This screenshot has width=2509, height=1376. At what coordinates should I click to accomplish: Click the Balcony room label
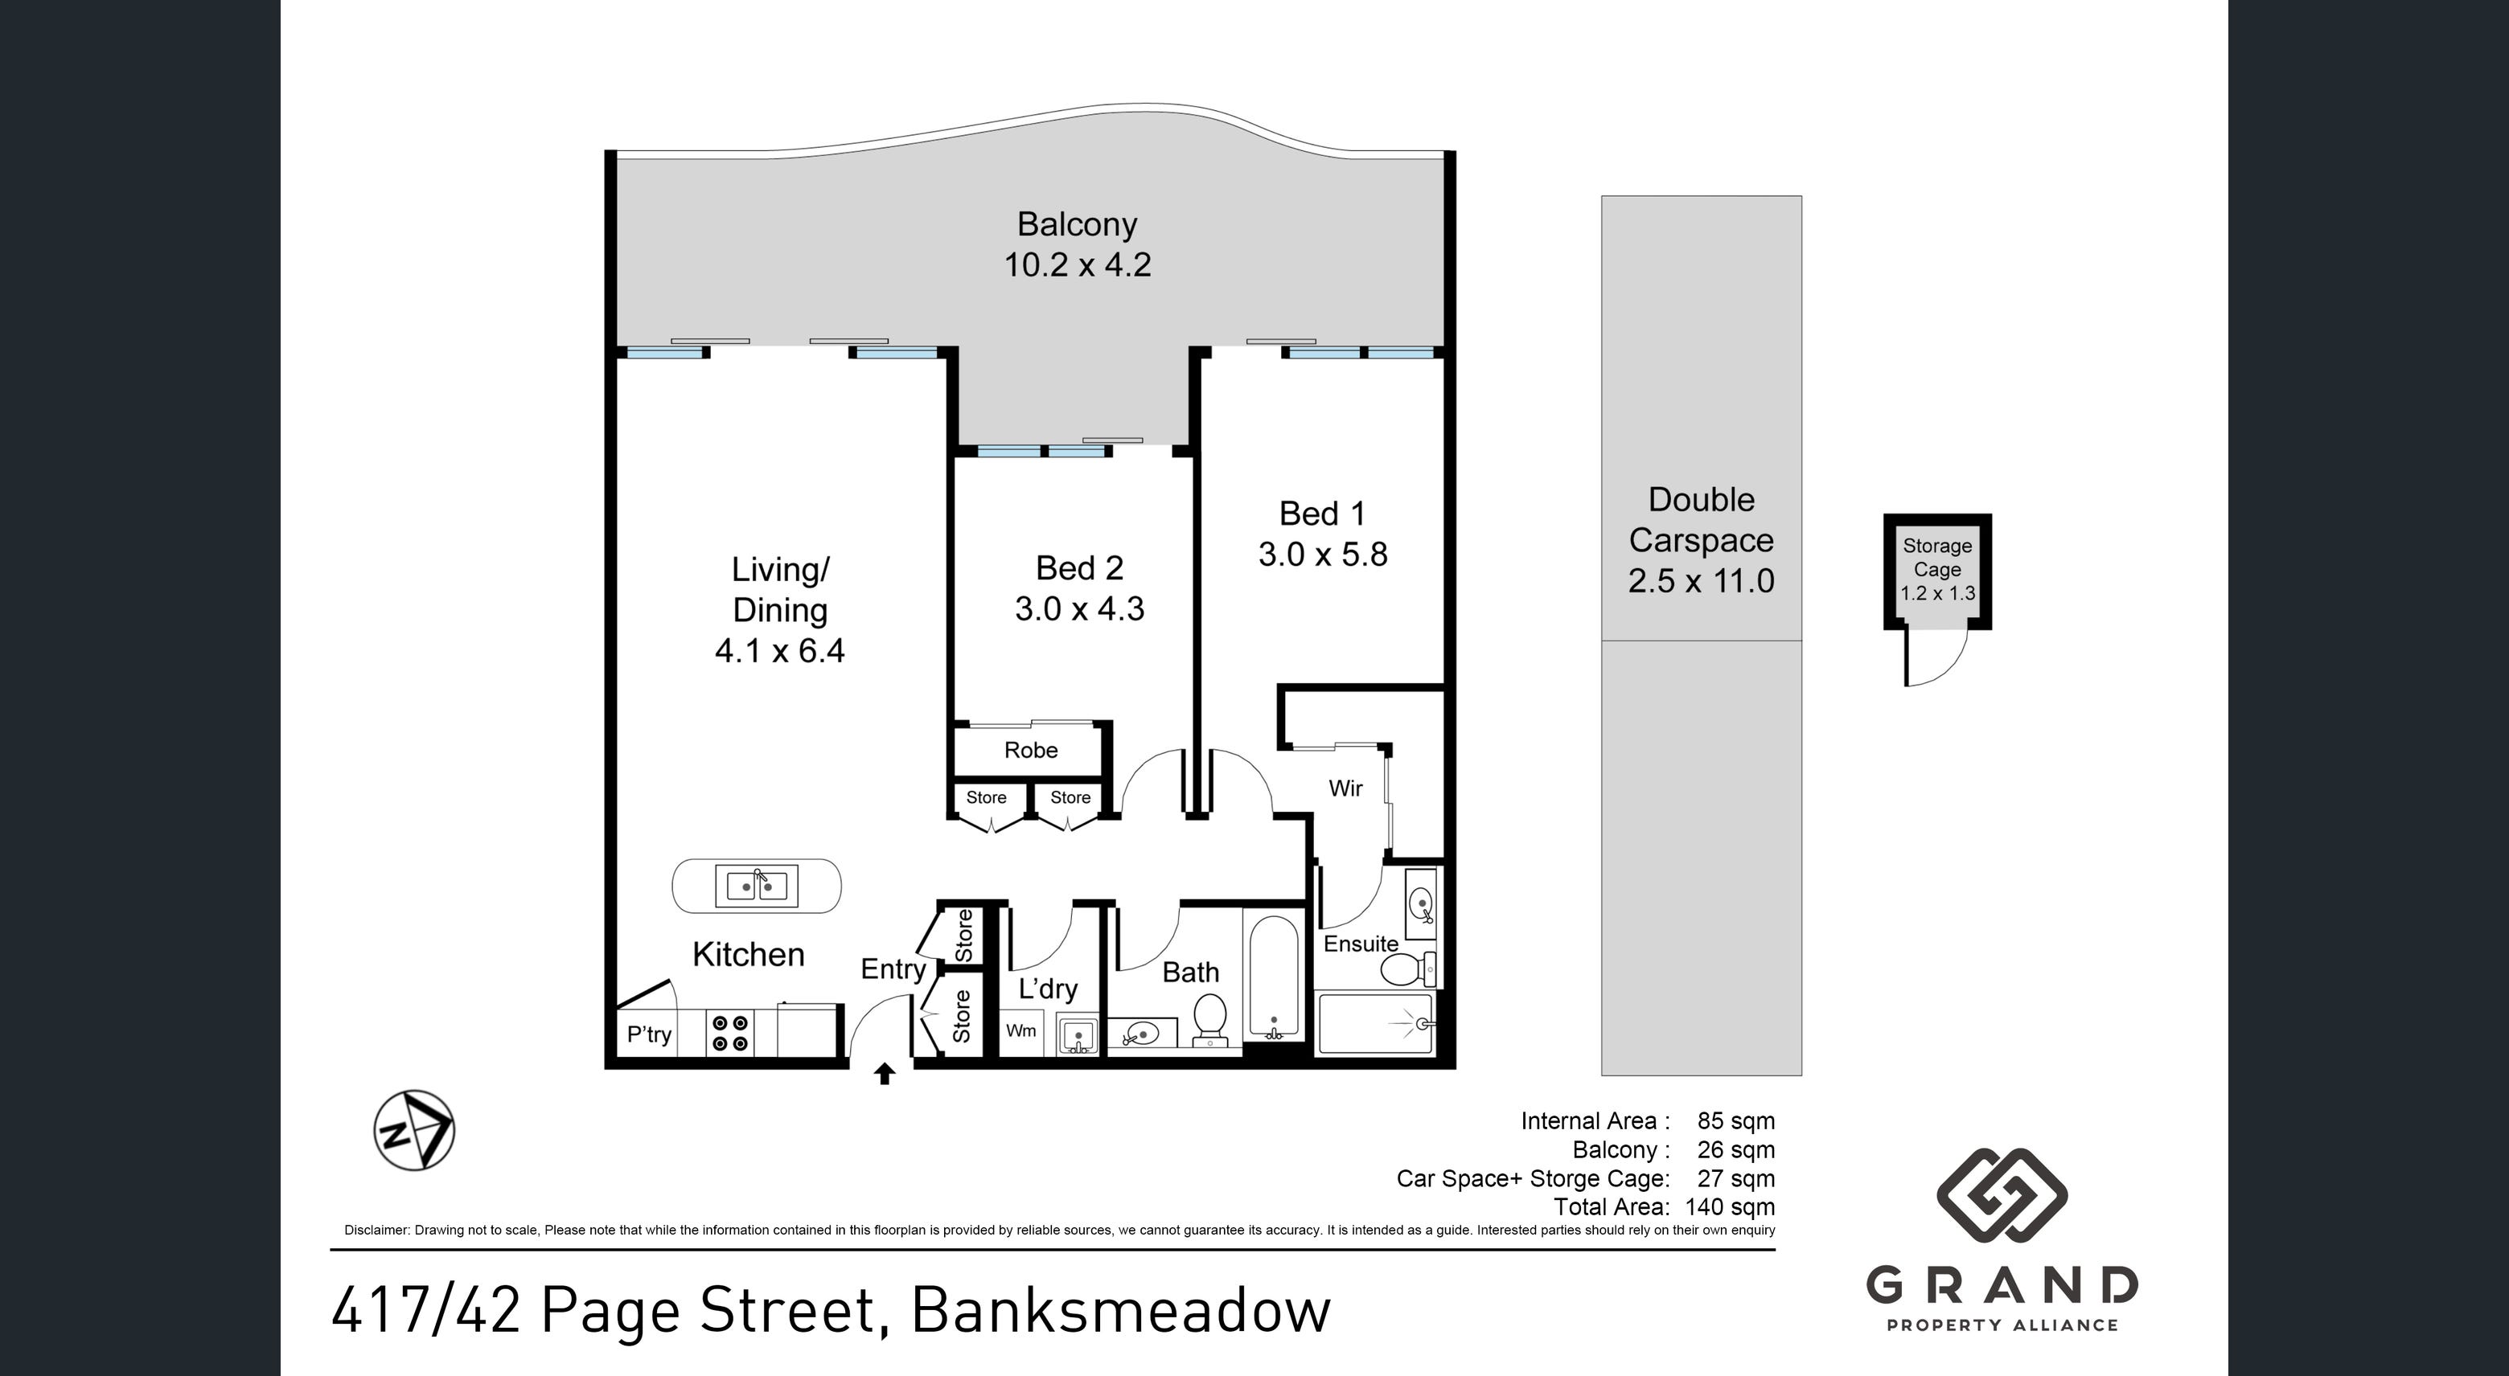(1078, 225)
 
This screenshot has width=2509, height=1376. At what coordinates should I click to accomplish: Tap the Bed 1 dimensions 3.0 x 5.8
(1323, 554)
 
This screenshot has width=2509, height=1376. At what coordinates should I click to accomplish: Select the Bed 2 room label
(1079, 567)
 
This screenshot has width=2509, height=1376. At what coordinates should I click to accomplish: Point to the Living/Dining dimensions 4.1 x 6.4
(780, 649)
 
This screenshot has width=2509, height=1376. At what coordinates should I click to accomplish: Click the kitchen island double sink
(757, 887)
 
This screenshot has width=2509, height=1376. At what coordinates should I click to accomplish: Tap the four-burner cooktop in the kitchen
(730, 1034)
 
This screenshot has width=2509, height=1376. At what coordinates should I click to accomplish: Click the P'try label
(649, 1034)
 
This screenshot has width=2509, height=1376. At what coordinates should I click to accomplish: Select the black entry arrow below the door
(885, 1074)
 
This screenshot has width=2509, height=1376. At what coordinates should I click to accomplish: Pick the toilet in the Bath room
(1209, 1018)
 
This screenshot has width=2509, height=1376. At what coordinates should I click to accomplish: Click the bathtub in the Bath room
(1273, 977)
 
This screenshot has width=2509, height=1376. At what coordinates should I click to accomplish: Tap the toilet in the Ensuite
(1408, 969)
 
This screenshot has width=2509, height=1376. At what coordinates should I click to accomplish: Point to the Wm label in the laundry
(1020, 1030)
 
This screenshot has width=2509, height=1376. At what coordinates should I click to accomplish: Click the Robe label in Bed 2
(1030, 750)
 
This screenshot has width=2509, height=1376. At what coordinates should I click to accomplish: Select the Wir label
(1345, 788)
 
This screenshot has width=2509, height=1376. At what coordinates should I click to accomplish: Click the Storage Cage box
(1937, 571)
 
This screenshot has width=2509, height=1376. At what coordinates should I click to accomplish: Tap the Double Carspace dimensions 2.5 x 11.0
(1701, 581)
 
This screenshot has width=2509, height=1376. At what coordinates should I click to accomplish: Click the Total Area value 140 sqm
(1730, 1207)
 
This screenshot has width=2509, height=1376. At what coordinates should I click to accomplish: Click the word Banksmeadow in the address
(1120, 1311)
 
